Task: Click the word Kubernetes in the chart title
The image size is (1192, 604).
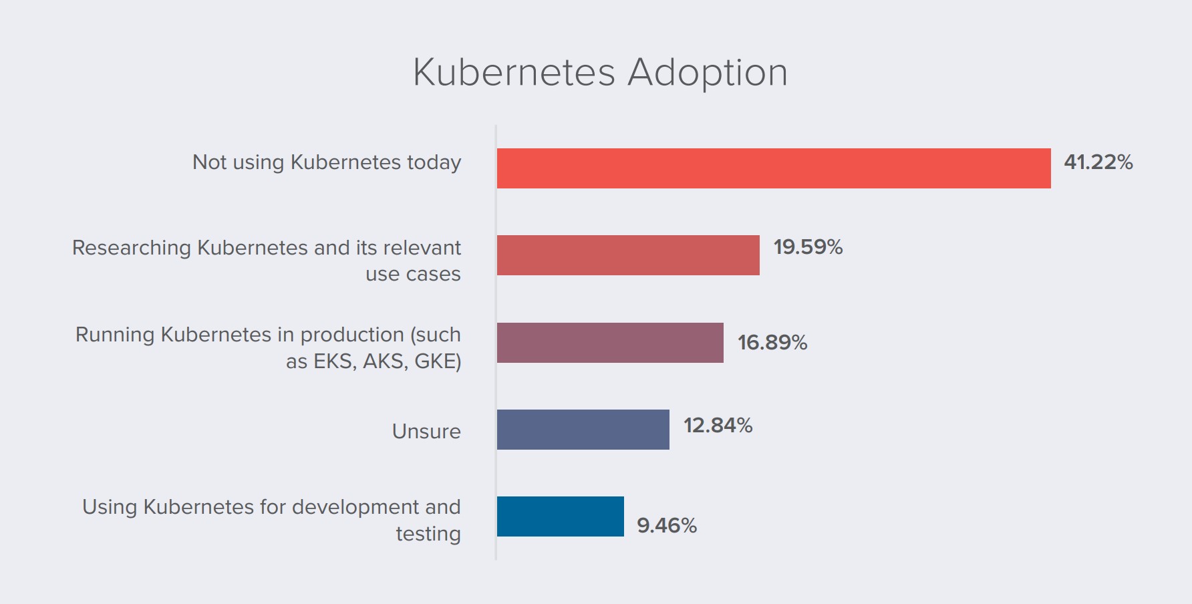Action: pyautogui.click(x=514, y=72)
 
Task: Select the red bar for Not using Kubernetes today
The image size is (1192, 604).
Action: pyautogui.click(x=774, y=168)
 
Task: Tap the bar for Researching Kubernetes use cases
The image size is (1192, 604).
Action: pyautogui.click(x=628, y=255)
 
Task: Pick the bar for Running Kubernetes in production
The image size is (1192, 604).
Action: pyautogui.click(x=610, y=343)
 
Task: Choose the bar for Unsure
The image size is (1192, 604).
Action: pyautogui.click(x=583, y=430)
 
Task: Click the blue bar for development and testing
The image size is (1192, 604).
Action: pyautogui.click(x=561, y=516)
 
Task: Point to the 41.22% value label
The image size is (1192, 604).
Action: pyautogui.click(x=1098, y=162)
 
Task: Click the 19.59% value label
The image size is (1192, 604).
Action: pyautogui.click(x=808, y=247)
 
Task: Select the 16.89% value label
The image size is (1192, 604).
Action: pyautogui.click(x=772, y=343)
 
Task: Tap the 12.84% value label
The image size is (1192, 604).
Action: pyautogui.click(x=718, y=426)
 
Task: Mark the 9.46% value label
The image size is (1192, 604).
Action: pyautogui.click(x=667, y=526)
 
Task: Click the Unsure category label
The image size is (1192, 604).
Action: pyautogui.click(x=426, y=432)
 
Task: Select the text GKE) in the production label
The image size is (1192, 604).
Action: pyautogui.click(x=438, y=361)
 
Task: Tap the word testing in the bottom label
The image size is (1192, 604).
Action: pyautogui.click(x=428, y=535)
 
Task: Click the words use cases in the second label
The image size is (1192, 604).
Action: pyautogui.click(x=413, y=275)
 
